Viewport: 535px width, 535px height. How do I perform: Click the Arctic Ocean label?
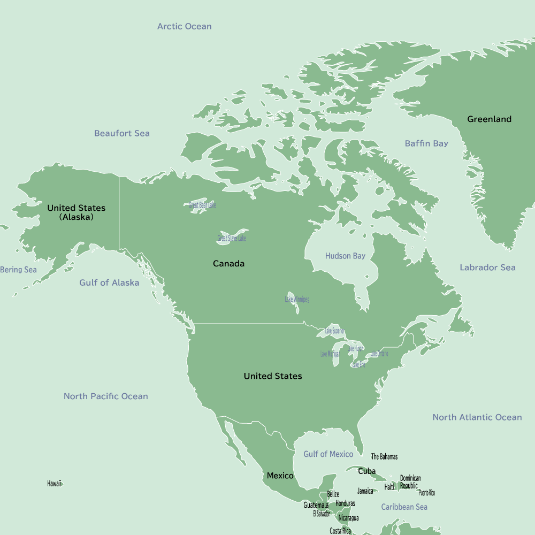tap(184, 26)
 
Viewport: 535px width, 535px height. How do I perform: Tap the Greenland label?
tap(489, 119)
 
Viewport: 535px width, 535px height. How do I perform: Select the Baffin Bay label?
tap(426, 143)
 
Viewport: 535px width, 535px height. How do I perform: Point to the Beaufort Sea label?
tap(122, 133)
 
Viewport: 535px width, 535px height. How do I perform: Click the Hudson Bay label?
tap(345, 256)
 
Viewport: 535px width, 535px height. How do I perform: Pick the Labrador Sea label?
tap(487, 267)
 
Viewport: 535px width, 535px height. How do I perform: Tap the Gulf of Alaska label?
tap(109, 282)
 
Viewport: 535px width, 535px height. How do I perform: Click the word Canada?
tap(228, 264)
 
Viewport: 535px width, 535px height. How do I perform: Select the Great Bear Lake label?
tap(202, 205)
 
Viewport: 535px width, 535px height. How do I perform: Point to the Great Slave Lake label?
tap(232, 238)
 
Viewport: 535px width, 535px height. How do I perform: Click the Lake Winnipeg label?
tap(297, 299)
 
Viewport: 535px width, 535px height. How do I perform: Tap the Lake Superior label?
tap(334, 331)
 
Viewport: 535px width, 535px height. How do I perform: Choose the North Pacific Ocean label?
tap(105, 396)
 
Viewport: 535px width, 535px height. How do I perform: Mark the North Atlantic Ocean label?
tap(477, 417)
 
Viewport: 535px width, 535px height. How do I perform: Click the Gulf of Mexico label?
tap(328, 454)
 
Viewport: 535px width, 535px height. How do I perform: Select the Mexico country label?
tap(280, 476)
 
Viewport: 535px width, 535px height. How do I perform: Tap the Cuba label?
tap(366, 471)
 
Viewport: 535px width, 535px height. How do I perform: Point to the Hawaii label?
tap(54, 483)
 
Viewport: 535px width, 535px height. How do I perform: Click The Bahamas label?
tap(384, 457)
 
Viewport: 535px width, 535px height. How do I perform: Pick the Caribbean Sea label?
tap(404, 507)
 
